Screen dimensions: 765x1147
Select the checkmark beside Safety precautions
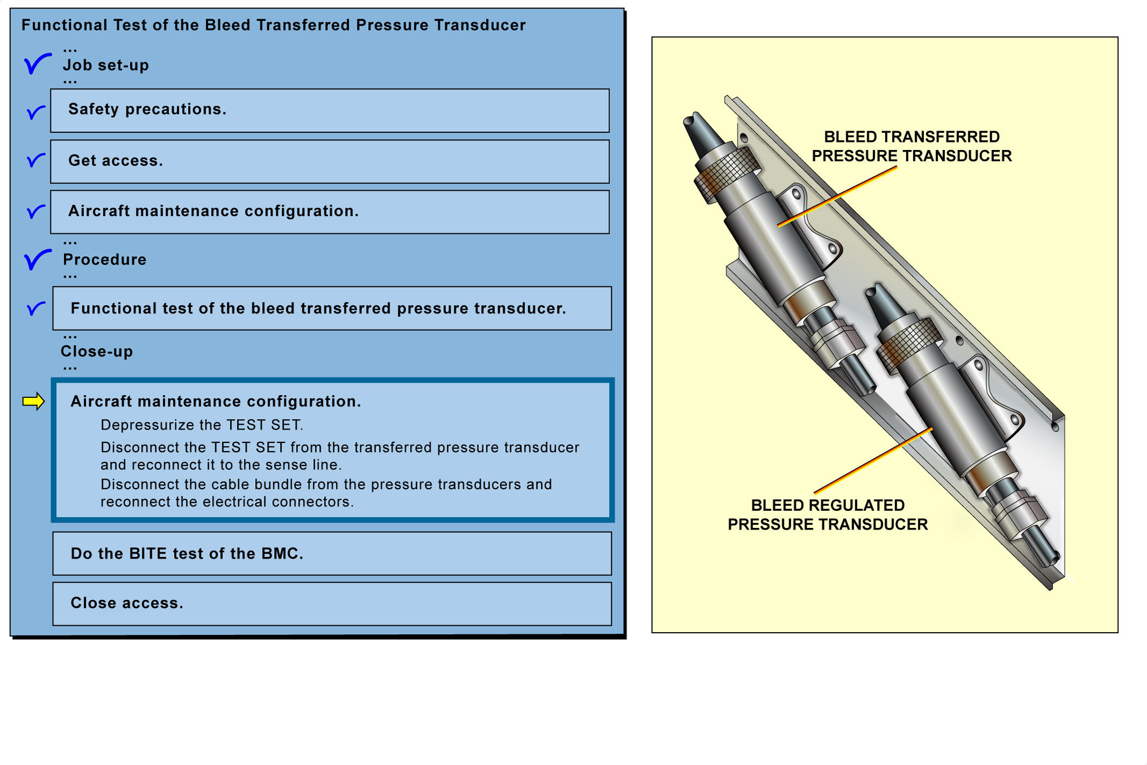35,112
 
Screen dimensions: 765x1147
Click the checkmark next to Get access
35,160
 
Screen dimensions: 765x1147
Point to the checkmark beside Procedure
37,259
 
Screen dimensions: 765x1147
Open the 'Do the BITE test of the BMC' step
332,553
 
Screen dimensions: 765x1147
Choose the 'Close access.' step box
332,603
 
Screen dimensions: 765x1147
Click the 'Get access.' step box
329,161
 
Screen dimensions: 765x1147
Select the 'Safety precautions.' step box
329,110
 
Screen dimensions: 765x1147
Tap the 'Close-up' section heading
97,351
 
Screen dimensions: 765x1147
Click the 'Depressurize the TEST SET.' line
202,425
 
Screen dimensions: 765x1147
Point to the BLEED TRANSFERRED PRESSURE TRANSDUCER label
912,146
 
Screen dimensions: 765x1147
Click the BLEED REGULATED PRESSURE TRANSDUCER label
828,514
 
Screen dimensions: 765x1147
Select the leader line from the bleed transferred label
837,196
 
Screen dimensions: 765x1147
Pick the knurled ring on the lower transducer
908,344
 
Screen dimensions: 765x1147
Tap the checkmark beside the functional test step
35,308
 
